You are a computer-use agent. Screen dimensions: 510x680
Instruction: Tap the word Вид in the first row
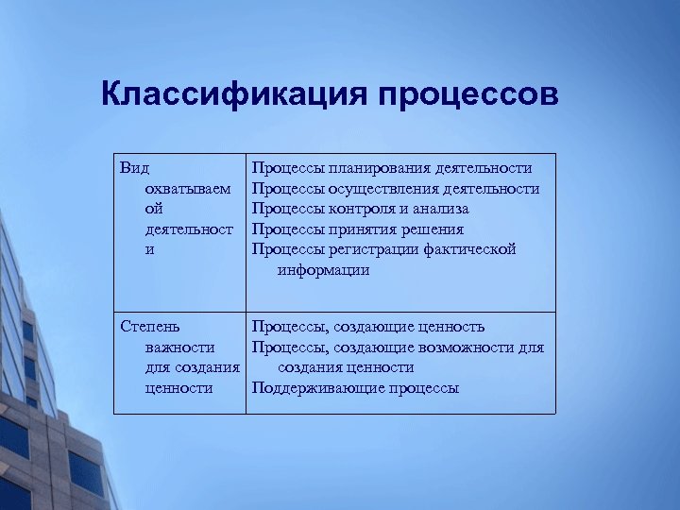(x=135, y=168)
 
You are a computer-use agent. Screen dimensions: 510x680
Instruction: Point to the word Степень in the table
(x=150, y=327)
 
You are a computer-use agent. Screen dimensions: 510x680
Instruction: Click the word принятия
(x=359, y=229)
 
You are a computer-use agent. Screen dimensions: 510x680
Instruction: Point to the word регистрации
(x=369, y=250)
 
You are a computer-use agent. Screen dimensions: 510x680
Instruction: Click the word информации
(x=323, y=270)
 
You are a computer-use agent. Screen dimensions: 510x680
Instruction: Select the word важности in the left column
(x=179, y=348)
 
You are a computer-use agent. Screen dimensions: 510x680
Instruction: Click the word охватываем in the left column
(x=187, y=189)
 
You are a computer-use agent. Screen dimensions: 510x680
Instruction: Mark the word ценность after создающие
(x=449, y=327)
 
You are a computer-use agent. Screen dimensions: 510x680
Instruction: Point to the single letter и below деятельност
(x=149, y=250)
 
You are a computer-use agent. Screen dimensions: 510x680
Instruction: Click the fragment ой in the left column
(x=154, y=209)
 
